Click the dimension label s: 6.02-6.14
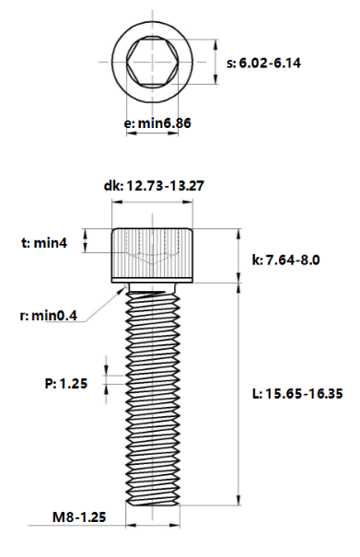[263, 64]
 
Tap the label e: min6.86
[157, 123]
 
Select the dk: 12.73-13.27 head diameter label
[154, 186]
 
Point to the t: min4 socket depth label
[44, 243]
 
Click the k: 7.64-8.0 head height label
[285, 260]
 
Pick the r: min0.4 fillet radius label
[48, 315]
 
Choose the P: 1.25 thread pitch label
[66, 384]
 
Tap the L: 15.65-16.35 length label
[297, 394]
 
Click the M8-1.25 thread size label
[79, 516]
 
